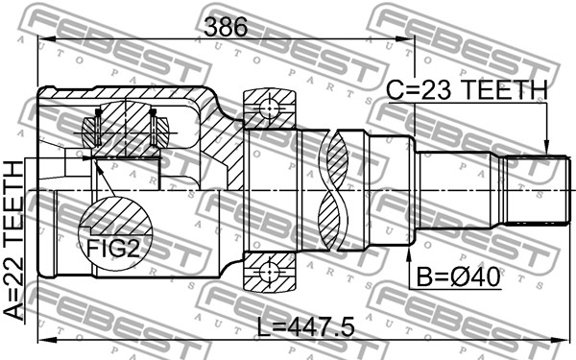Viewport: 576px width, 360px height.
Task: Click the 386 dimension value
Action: pyautogui.click(x=226, y=27)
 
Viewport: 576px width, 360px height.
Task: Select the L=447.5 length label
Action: pyautogui.click(x=305, y=327)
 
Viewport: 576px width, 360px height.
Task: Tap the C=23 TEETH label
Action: pyautogui.click(x=467, y=90)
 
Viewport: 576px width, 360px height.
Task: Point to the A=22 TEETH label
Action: pyautogui.click(x=13, y=241)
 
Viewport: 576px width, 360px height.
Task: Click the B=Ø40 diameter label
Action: pyautogui.click(x=458, y=277)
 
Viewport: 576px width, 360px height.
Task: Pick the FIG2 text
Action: pyautogui.click(x=112, y=249)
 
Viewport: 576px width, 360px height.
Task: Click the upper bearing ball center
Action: pyautogui.click(x=269, y=108)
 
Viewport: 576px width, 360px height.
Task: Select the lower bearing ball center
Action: pyautogui.click(x=269, y=272)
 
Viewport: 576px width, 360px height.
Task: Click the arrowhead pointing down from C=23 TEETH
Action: pyautogui.click(x=546, y=147)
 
